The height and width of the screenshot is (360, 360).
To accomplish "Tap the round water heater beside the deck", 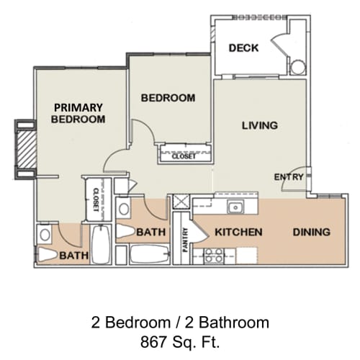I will pos(298,67).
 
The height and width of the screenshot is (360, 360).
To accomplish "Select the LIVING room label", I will pos(259,125).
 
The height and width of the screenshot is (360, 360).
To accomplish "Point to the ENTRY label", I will pos(286,177).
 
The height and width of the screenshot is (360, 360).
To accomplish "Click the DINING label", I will pos(311,232).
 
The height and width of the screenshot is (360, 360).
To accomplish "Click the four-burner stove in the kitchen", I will pos(213,255).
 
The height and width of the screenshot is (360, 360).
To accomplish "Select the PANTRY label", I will pos(185,240).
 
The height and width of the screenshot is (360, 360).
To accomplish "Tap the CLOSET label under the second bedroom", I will pos(183,155).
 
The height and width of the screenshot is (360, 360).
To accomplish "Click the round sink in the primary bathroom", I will pos(45,234).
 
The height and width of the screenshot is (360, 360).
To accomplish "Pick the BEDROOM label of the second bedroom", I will pos(168,97).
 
